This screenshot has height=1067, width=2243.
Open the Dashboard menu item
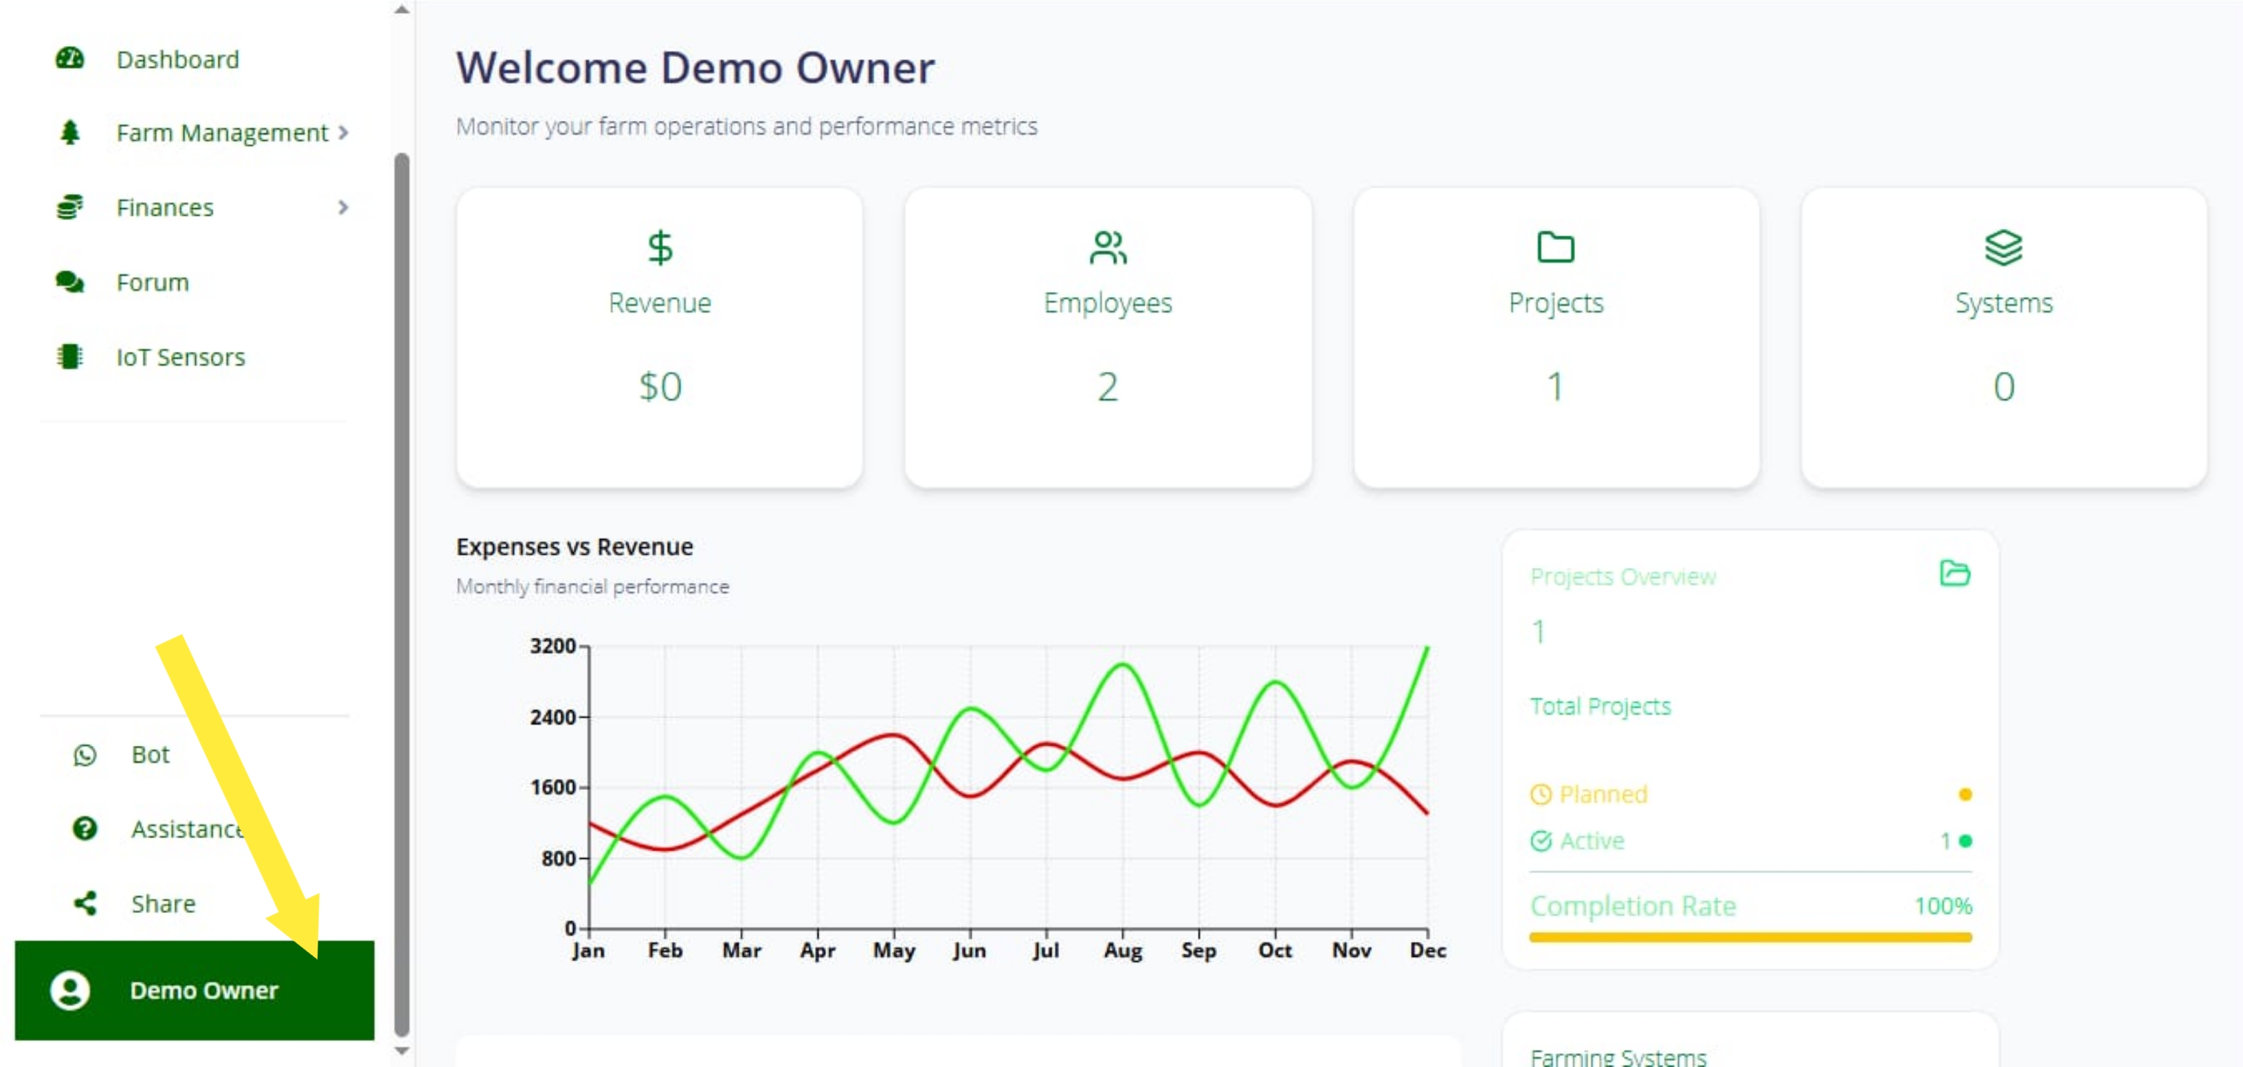pyautogui.click(x=177, y=59)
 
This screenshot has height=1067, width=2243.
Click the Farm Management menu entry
pyautogui.click(x=222, y=133)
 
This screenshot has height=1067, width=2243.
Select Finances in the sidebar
pyautogui.click(x=164, y=208)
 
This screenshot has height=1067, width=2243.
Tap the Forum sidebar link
pyautogui.click(x=153, y=282)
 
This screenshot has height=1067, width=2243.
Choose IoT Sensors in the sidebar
pyautogui.click(x=181, y=357)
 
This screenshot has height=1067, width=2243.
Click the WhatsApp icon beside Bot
pyautogui.click(x=85, y=754)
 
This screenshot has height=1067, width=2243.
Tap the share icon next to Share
pyautogui.click(x=85, y=903)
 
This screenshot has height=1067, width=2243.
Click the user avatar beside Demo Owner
pyautogui.click(x=69, y=991)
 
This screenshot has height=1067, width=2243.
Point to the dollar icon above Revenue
pyautogui.click(x=660, y=247)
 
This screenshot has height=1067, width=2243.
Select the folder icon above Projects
pyautogui.click(x=1555, y=247)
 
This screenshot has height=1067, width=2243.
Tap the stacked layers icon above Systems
pyautogui.click(x=2004, y=247)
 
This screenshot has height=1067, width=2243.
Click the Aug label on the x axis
pyautogui.click(x=1122, y=950)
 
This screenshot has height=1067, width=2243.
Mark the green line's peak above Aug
pyautogui.click(x=1122, y=665)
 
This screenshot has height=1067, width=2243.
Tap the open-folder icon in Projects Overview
pyautogui.click(x=1955, y=573)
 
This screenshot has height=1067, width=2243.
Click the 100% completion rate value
pyautogui.click(x=1943, y=906)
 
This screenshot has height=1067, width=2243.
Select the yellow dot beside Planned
pyautogui.click(x=1965, y=794)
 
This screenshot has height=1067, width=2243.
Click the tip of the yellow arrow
pyautogui.click(x=317, y=957)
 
